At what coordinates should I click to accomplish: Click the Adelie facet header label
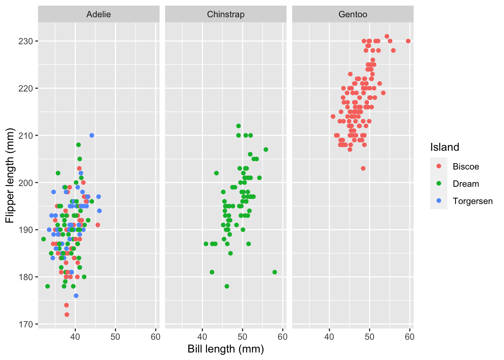[99, 14]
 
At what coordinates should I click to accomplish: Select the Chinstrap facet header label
[226, 14]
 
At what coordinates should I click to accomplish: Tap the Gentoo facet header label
[353, 14]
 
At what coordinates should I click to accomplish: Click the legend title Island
[445, 147]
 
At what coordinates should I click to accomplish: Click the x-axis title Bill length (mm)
[226, 349]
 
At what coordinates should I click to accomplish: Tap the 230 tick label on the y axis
[25, 41]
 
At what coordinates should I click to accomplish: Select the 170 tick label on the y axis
[25, 324]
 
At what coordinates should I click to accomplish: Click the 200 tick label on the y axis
[25, 183]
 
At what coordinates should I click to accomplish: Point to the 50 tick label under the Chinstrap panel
[243, 337]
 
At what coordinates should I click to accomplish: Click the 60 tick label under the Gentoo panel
[409, 337]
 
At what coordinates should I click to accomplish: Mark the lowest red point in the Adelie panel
[67, 315]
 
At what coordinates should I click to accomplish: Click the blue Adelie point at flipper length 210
[92, 135]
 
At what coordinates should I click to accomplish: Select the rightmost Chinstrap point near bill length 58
[274, 272]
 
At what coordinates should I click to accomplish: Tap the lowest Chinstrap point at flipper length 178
[227, 286]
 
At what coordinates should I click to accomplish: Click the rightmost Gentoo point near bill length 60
[408, 41]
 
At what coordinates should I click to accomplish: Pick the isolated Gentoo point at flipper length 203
[363, 168]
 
